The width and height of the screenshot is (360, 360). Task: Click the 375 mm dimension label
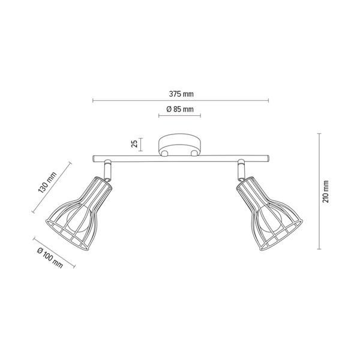pos(181,94)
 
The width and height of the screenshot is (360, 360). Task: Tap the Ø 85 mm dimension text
pos(179,109)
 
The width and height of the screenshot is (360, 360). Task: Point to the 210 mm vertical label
pos(326,191)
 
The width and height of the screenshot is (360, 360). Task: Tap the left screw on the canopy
pos(164,154)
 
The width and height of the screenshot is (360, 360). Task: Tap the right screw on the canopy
pos(195,154)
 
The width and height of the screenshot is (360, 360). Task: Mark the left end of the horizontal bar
pos(94,160)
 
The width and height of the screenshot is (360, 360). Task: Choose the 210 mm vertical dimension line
pos(318,191)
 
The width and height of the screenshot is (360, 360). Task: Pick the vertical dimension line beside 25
pos(142,144)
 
